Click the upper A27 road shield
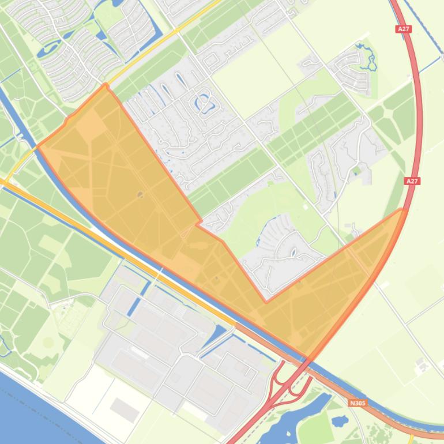click(x=404, y=29)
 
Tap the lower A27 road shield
click(x=412, y=181)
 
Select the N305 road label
click(x=358, y=403)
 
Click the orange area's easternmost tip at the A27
click(x=402, y=210)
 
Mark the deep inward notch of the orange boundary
click(x=266, y=301)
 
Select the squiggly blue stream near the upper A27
click(x=366, y=55)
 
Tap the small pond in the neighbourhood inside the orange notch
click(x=293, y=251)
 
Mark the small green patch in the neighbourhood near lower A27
click(x=356, y=171)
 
